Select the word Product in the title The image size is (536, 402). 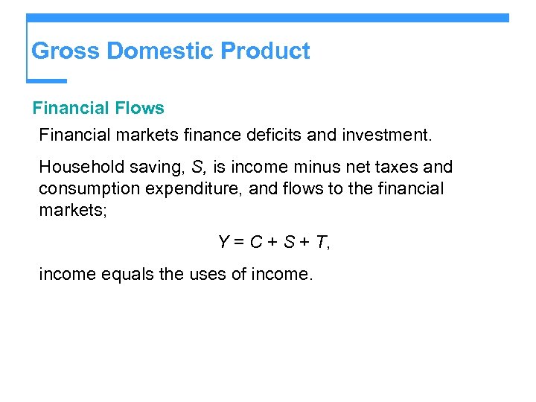click(x=266, y=51)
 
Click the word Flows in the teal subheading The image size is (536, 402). click(x=139, y=108)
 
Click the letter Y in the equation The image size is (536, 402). click(x=223, y=242)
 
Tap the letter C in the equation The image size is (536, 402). click(x=255, y=242)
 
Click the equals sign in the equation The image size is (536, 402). click(x=239, y=242)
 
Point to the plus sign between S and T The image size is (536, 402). click(x=303, y=242)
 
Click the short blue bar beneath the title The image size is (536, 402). click(x=46, y=80)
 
